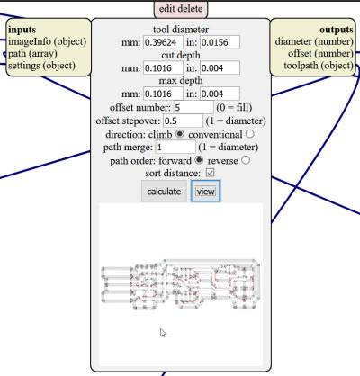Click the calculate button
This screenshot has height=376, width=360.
(164, 191)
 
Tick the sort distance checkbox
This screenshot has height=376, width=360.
(210, 173)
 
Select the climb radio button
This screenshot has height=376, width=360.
(179, 134)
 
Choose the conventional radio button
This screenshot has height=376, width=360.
(249, 134)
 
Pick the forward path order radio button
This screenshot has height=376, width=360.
(199, 160)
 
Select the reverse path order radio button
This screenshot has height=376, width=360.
(246, 160)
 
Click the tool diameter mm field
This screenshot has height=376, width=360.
(163, 42)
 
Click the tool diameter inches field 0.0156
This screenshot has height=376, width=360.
(220, 42)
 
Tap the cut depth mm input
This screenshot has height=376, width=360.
(163, 68)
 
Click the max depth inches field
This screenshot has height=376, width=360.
(220, 94)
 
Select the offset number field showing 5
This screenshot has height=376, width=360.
(193, 107)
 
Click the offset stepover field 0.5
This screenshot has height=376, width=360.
(183, 121)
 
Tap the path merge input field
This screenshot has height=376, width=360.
(175, 147)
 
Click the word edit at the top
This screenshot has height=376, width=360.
(167, 8)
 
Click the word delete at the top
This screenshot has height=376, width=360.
(191, 8)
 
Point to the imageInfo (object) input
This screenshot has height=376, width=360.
(47, 41)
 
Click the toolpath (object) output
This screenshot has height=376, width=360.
(319, 66)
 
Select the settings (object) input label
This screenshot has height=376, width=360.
(41, 66)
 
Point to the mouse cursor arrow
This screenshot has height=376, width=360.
(163, 333)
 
